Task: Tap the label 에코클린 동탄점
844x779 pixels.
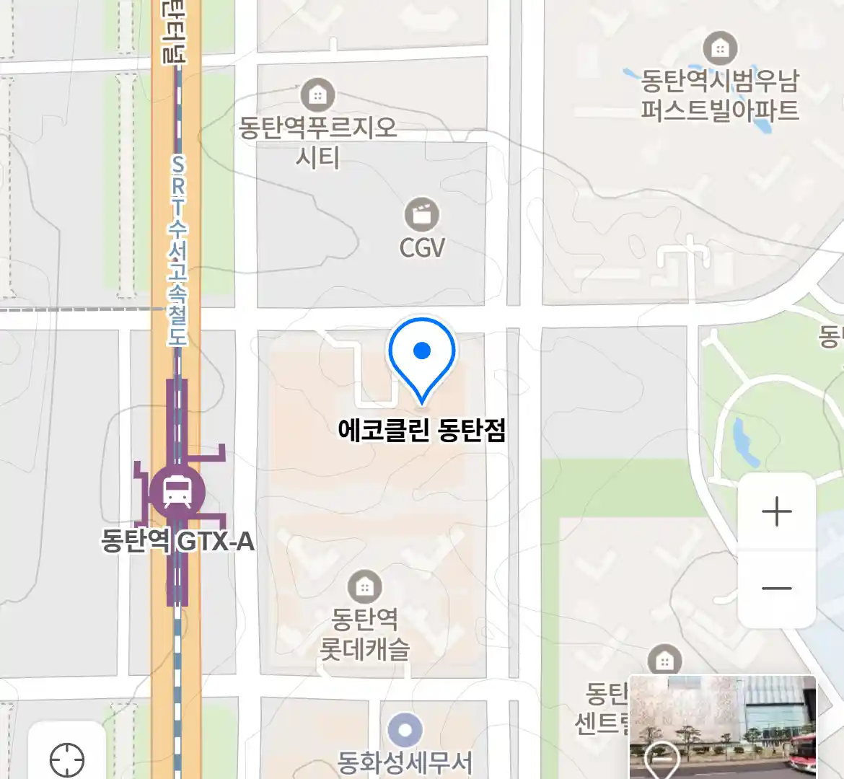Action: [422, 431]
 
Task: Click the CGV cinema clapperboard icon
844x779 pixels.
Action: [422, 214]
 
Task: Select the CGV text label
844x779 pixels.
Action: [422, 248]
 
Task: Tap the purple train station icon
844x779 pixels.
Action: [177, 492]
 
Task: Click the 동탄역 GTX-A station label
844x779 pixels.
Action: [177, 541]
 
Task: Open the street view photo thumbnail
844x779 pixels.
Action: [722, 726]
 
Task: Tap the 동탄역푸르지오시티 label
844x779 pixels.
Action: [318, 142]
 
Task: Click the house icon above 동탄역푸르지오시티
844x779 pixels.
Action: [318, 94]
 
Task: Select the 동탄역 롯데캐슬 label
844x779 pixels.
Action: [364, 634]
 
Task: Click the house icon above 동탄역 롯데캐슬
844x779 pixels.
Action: [364, 587]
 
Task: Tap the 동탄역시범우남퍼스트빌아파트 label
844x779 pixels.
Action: [720, 95]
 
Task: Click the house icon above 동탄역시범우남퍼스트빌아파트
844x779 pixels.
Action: [719, 48]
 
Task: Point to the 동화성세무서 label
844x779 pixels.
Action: [405, 762]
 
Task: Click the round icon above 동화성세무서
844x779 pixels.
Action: [405, 731]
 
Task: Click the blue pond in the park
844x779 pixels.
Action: [744, 441]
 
